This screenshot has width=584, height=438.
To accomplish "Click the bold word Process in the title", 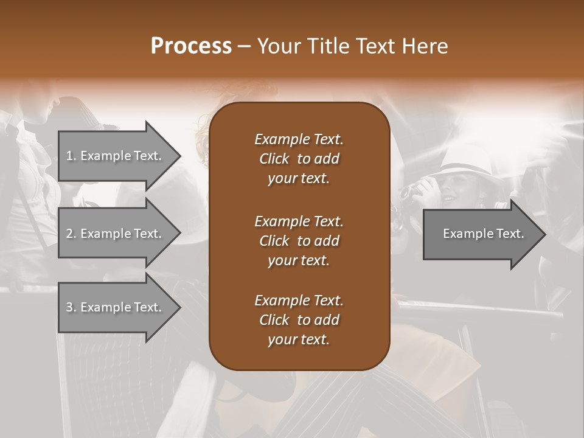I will pos(191,46).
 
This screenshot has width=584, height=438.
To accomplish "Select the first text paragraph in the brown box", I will pos(299,159).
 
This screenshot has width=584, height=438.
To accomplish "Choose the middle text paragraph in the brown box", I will pos(299,240).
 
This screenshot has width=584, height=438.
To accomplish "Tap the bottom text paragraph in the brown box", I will pos(299,320).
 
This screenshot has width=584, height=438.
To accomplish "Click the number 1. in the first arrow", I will pos(71,156).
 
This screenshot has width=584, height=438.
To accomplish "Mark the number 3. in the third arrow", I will pos(71,307).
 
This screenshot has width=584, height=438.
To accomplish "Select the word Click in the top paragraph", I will pos(274,159).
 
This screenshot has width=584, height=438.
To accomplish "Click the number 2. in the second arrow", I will pos(71,234).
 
